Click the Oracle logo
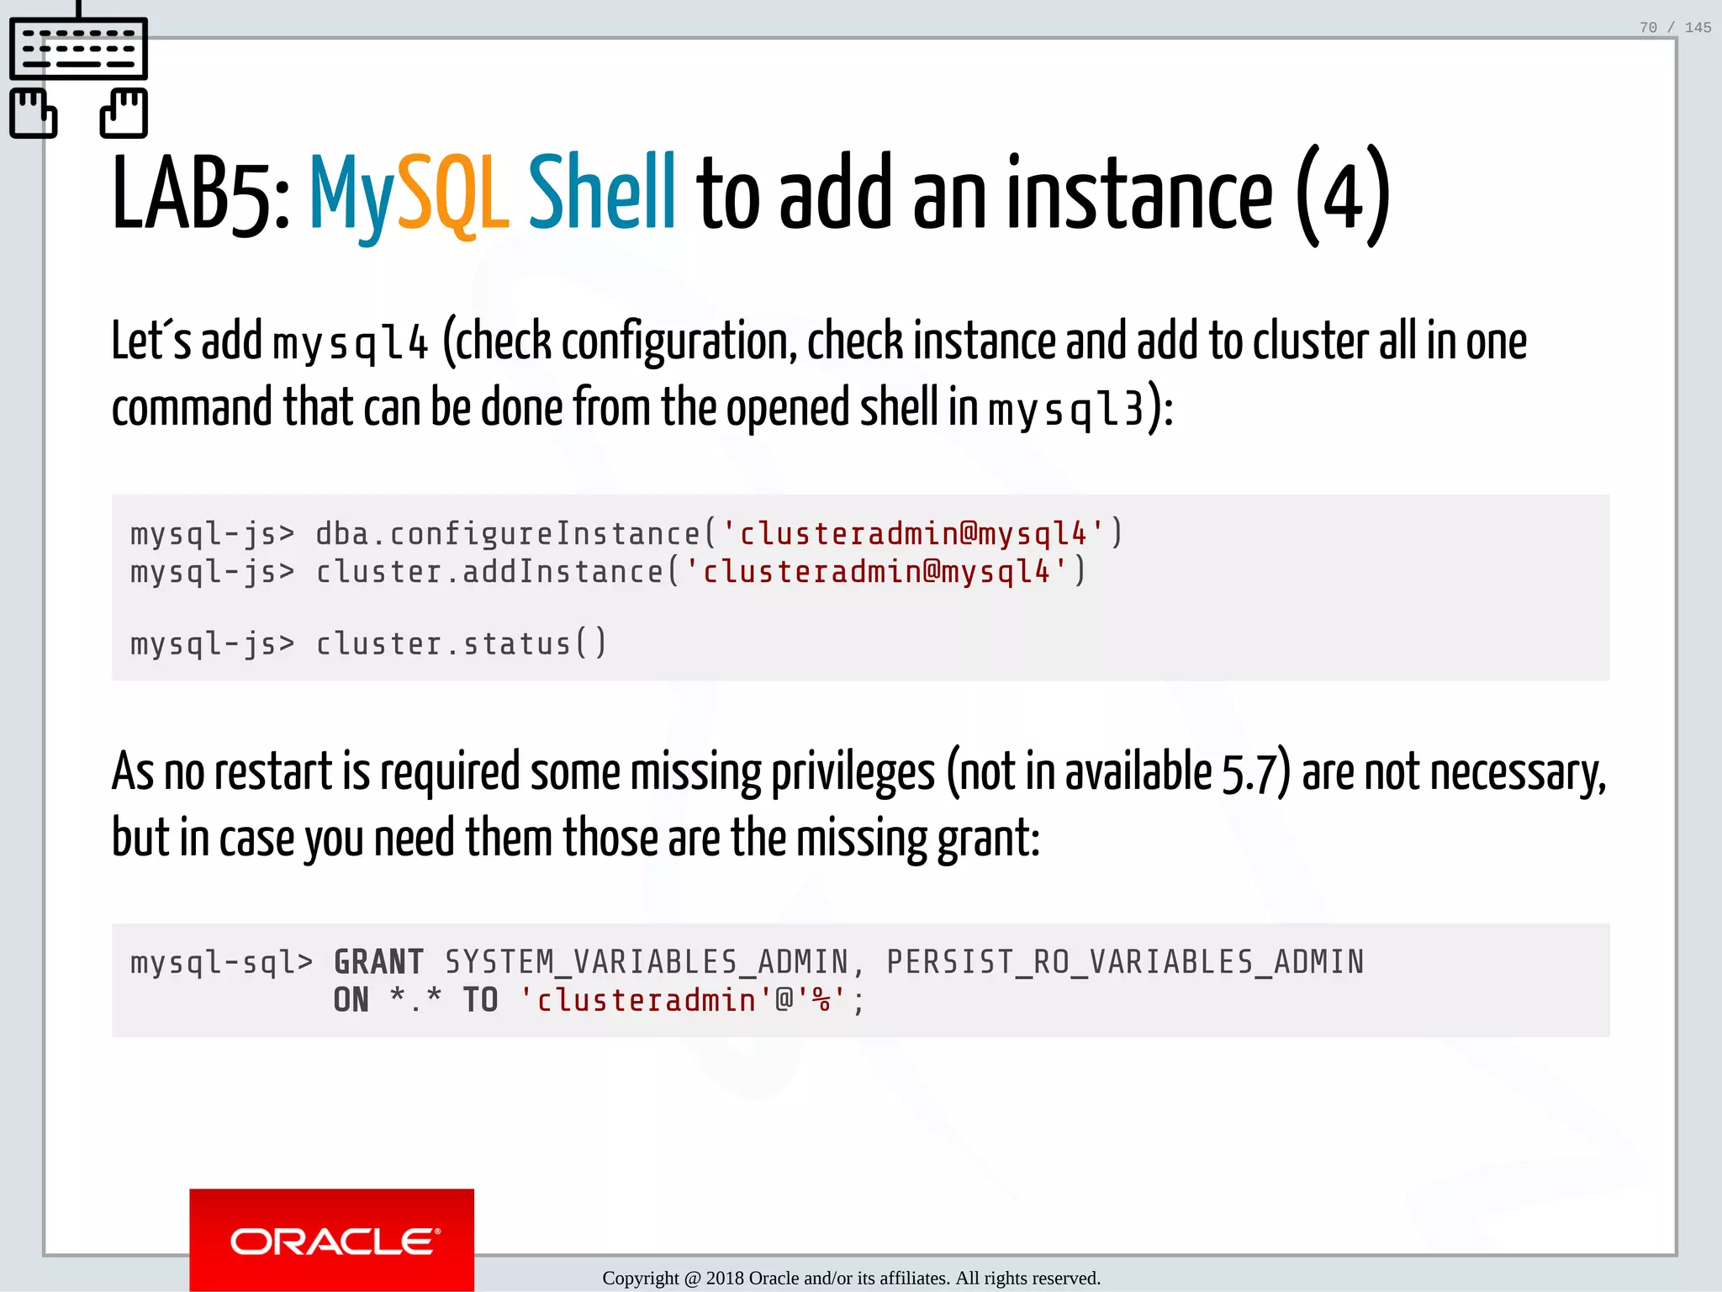(332, 1240)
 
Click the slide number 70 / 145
(1674, 28)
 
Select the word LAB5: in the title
(201, 195)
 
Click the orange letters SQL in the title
(452, 195)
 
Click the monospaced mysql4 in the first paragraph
(351, 344)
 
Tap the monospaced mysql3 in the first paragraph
(1065, 410)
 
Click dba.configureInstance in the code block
(507, 534)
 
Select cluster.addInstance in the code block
(489, 572)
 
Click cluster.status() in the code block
(461, 644)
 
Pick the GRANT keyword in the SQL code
(378, 962)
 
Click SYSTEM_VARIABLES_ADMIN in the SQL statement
(647, 962)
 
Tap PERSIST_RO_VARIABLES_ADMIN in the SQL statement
(1125, 962)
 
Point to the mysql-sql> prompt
(221, 962)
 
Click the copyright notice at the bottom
(851, 1279)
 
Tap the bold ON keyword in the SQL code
(351, 1000)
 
